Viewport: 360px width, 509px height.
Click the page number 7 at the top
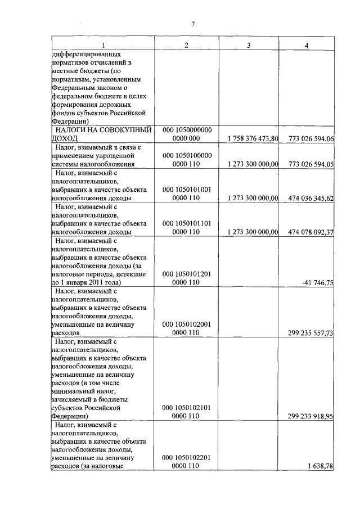point(192,24)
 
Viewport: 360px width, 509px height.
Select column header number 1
point(102,45)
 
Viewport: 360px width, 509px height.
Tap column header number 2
point(186,45)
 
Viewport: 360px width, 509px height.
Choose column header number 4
point(306,45)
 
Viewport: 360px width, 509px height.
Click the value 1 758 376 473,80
point(253,139)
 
